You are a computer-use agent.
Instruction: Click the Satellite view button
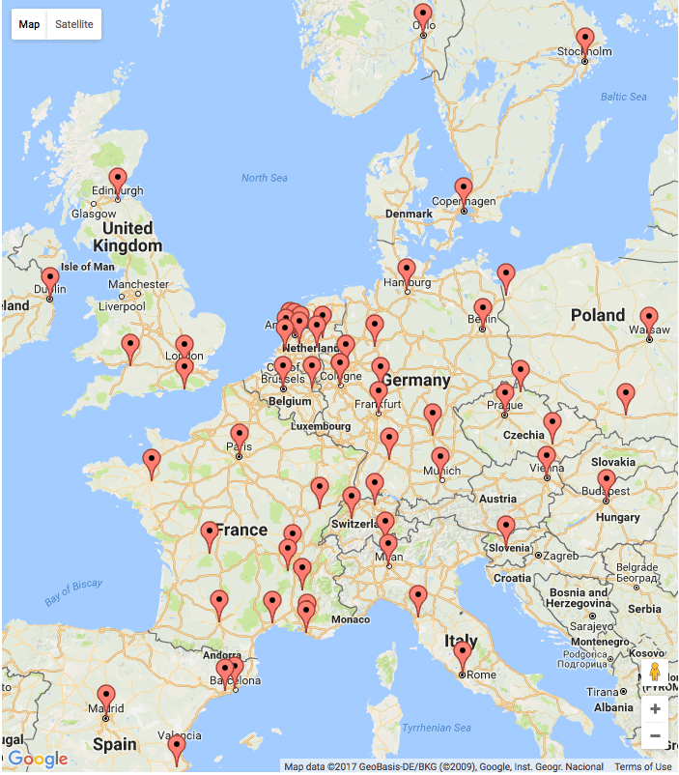tap(74, 24)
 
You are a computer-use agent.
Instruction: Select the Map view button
tap(30, 24)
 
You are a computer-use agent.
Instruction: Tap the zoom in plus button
tap(655, 709)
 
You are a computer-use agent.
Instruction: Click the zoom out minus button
tap(655, 736)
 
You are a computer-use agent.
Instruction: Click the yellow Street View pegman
tap(655, 673)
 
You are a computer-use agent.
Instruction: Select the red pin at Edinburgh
tap(118, 182)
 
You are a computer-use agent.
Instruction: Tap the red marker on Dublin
tap(49, 281)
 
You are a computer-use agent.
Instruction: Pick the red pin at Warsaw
tap(649, 320)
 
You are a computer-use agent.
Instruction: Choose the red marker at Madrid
tap(106, 699)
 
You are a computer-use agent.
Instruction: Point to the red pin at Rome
tap(463, 655)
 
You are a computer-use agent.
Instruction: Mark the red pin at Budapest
tap(606, 483)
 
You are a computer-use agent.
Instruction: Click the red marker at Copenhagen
tap(464, 191)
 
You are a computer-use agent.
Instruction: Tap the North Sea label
tap(265, 178)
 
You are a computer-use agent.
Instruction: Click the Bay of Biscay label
tap(73, 591)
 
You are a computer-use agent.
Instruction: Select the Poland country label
tap(598, 315)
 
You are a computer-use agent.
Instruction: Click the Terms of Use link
tap(643, 767)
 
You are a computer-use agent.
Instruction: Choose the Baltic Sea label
tap(624, 97)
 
